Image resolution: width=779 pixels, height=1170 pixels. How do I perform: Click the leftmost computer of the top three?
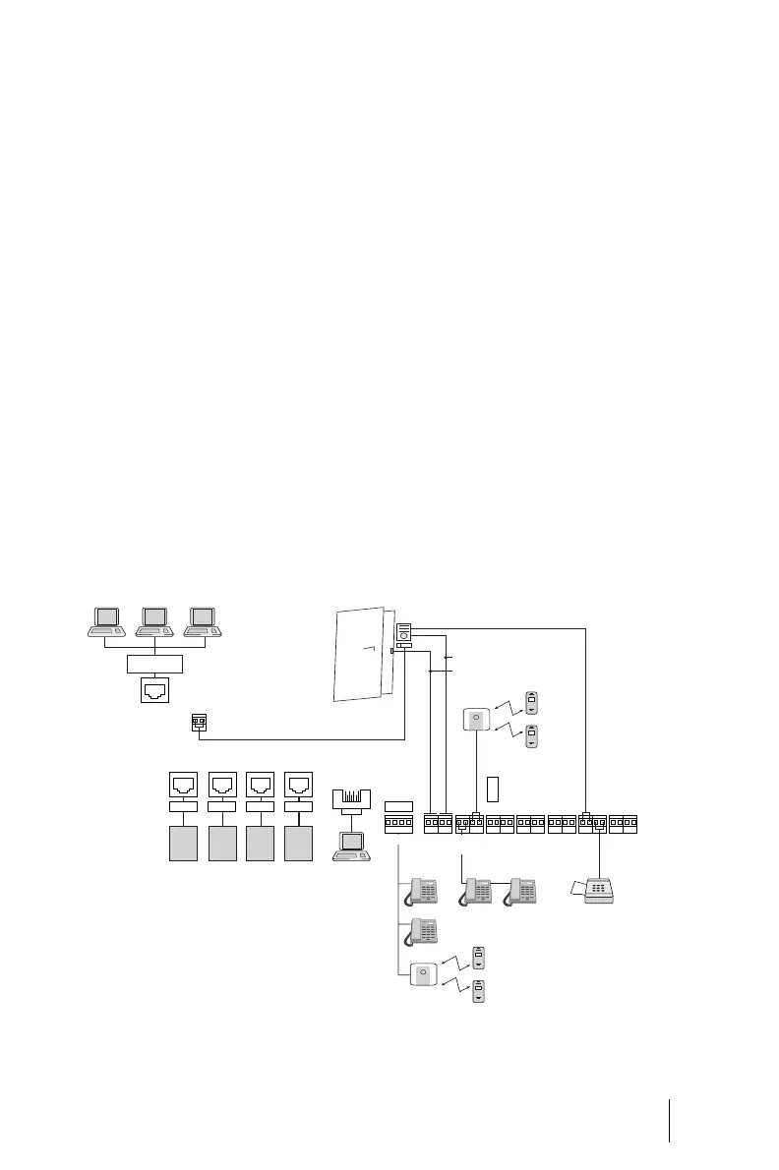coord(105,619)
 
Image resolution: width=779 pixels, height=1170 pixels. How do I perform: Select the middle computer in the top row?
coord(153,619)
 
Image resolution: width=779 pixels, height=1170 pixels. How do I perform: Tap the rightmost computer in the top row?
coord(202,619)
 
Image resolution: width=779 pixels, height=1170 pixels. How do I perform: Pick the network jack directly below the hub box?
coord(154,692)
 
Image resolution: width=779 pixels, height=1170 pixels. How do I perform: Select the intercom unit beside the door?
coord(403,636)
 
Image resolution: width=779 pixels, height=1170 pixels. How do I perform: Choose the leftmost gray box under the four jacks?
coord(183,844)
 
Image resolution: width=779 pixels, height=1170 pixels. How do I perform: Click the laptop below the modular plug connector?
coord(350,848)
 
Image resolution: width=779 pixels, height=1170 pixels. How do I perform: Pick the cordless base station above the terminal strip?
coord(476,722)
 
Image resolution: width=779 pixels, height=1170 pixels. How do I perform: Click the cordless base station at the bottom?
coord(422,974)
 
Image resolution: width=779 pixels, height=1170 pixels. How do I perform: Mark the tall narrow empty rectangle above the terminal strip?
coord(493,788)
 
